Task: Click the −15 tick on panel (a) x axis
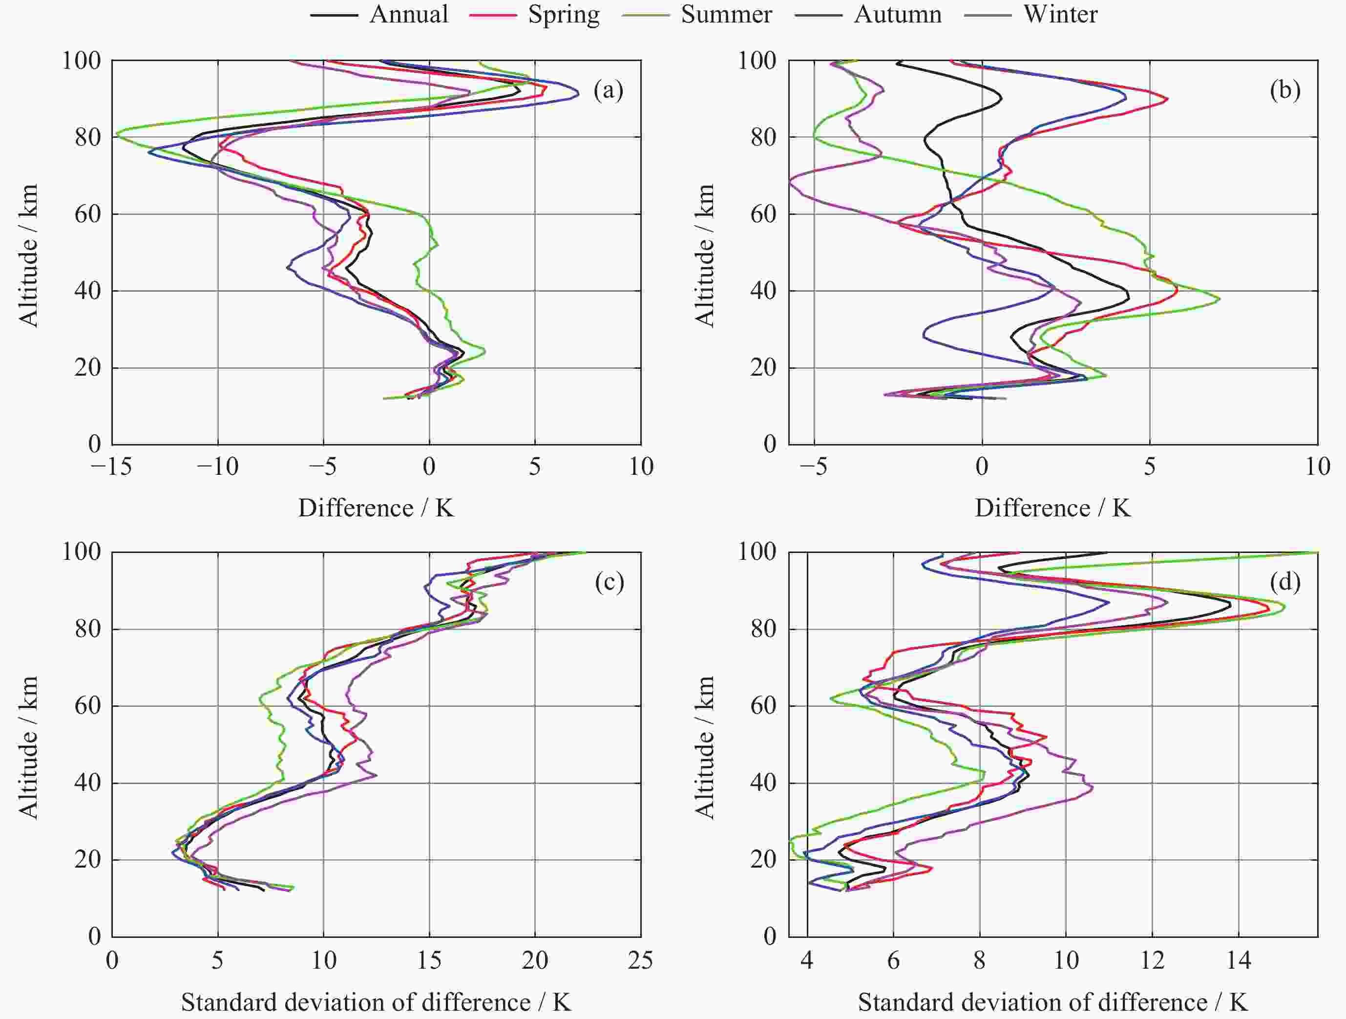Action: pyautogui.click(x=111, y=467)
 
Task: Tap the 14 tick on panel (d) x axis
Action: pyautogui.click(x=1238, y=960)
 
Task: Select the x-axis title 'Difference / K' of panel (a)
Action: pyautogui.click(x=376, y=508)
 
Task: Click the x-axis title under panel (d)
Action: pyautogui.click(x=1052, y=1002)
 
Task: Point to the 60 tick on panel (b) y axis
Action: pyautogui.click(x=764, y=214)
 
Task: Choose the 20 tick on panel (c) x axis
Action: pyautogui.click(x=535, y=960)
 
